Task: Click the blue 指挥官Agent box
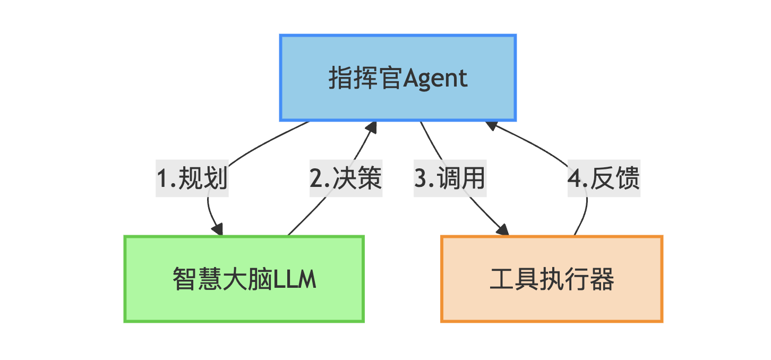click(398, 78)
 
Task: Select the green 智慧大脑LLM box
click(244, 279)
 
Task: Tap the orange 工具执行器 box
click(552, 279)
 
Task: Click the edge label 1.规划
click(192, 178)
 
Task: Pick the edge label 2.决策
click(346, 178)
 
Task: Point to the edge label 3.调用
click(450, 178)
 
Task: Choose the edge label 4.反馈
click(604, 178)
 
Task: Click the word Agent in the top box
click(435, 79)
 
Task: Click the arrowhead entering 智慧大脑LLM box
click(218, 229)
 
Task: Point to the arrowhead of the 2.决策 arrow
click(371, 127)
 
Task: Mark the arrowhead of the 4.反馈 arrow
click(491, 126)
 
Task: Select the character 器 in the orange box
click(602, 279)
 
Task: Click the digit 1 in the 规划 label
click(163, 178)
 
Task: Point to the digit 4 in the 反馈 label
click(575, 178)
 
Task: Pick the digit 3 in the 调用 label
click(421, 178)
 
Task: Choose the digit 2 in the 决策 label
click(316, 178)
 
